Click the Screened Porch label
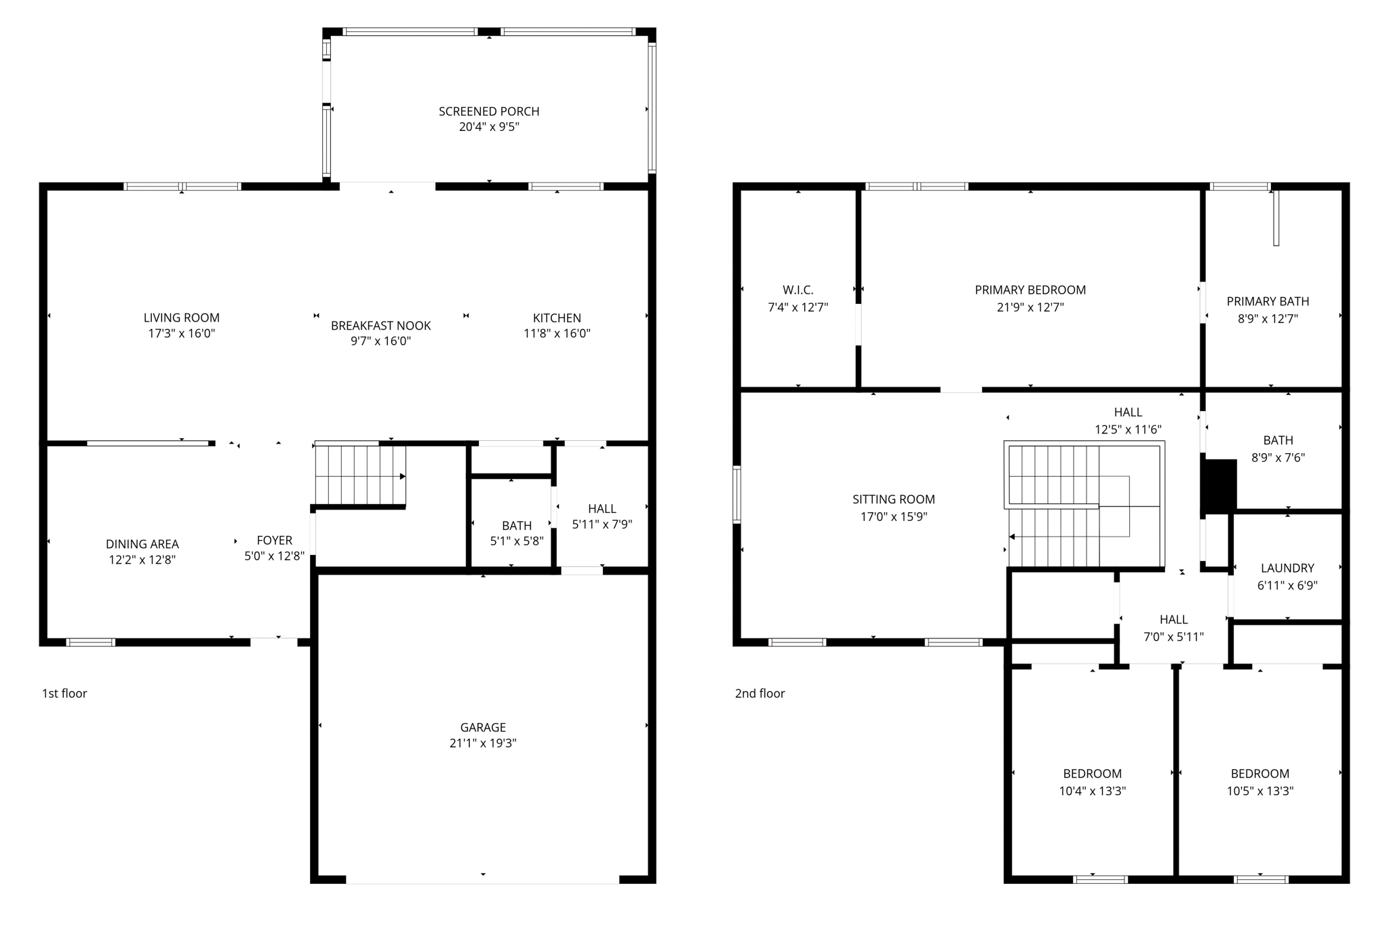pos(488,111)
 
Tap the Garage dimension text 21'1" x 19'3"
pos(483,743)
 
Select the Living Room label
pos(181,317)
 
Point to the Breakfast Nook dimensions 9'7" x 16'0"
pos(380,341)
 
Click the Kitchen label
pos(557,317)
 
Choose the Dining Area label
pos(142,544)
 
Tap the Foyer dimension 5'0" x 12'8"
pos(274,556)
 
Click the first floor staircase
pos(359,474)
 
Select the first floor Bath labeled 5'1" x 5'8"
pos(517,533)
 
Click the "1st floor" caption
pos(64,693)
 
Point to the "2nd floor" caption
pos(760,693)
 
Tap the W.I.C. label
pos(798,290)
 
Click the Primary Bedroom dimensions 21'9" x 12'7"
pos(1030,307)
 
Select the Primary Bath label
pos(1268,301)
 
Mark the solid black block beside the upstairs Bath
pos(1219,486)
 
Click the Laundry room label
pos(1287,568)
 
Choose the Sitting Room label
pos(893,499)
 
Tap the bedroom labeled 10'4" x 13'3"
pos(1092,782)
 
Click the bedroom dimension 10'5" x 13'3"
pos(1260,791)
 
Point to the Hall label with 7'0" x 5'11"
pos(1173,619)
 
